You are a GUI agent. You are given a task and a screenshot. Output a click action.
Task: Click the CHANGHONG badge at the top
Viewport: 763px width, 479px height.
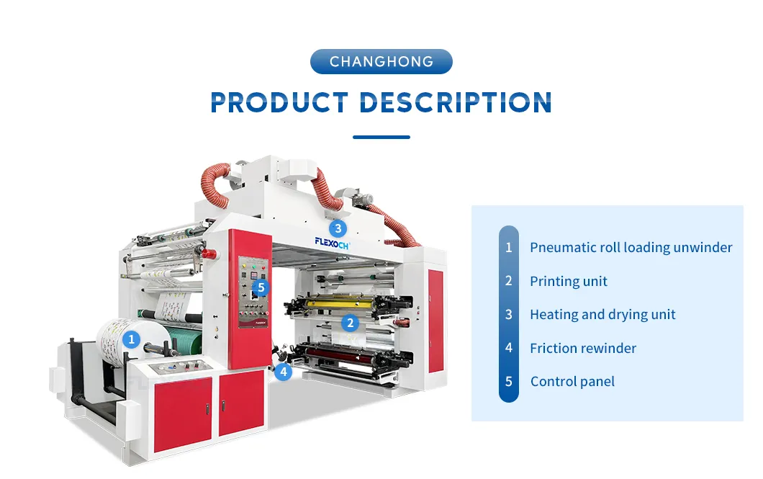(381, 61)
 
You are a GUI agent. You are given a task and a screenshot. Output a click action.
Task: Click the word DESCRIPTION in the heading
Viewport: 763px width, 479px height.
(456, 102)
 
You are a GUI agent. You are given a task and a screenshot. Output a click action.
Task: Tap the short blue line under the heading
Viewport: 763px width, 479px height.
(381, 137)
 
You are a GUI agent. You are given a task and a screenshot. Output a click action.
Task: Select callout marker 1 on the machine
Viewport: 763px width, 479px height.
(131, 339)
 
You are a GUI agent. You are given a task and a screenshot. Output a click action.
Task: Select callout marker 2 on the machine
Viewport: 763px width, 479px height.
(351, 323)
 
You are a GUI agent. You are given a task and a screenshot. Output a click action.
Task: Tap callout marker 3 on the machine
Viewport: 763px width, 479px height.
(339, 228)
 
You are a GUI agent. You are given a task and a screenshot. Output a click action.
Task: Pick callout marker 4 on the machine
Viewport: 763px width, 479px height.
(284, 372)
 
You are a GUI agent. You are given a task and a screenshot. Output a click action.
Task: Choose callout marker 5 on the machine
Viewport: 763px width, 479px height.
(261, 288)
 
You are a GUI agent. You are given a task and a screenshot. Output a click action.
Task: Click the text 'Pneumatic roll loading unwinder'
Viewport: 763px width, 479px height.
(631, 248)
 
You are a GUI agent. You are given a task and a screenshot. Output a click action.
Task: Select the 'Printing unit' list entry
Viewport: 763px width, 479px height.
(569, 282)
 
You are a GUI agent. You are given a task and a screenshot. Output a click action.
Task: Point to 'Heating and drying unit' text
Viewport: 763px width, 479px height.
(602, 315)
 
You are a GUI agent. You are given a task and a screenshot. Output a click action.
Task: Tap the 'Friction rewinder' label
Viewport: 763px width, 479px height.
(583, 349)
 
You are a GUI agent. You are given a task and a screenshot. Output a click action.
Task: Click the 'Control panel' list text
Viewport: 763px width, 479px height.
(572, 382)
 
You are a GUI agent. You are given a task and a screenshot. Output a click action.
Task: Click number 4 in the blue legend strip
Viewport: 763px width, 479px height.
(509, 349)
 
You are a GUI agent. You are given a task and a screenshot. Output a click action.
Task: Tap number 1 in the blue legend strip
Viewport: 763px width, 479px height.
(509, 248)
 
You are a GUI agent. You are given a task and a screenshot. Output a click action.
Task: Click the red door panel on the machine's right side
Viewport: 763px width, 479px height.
(435, 321)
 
